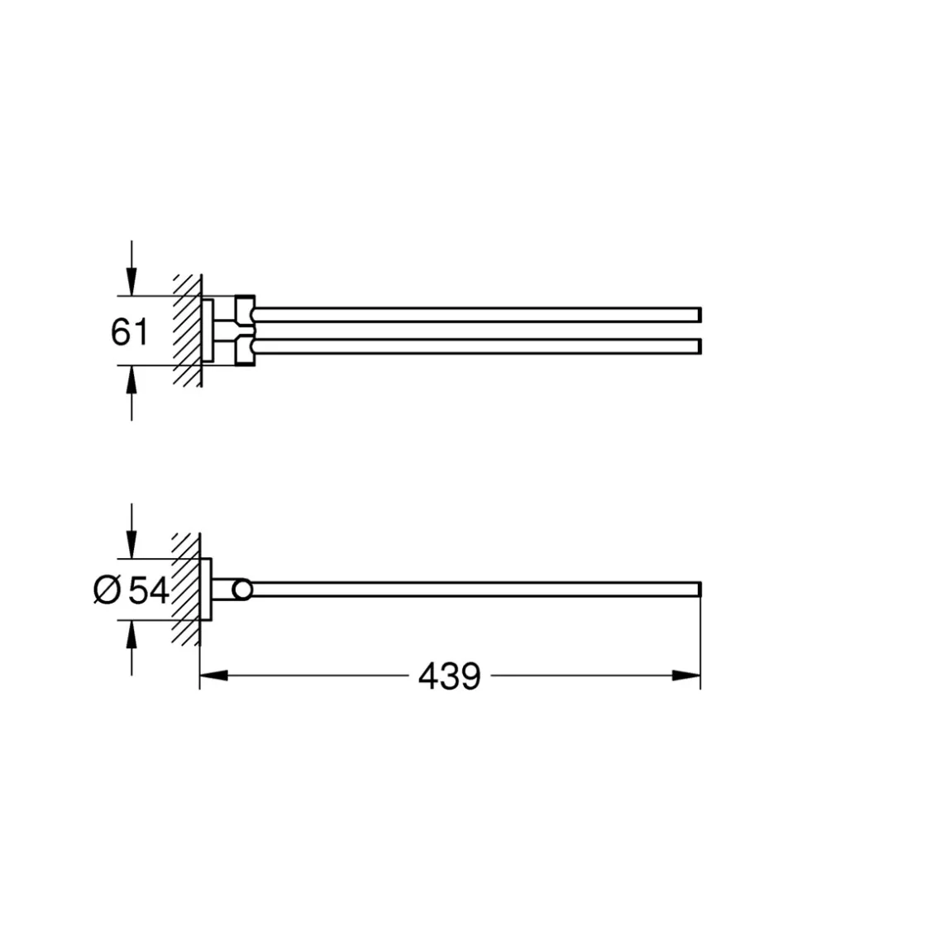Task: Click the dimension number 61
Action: tap(129, 332)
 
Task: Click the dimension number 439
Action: tap(450, 676)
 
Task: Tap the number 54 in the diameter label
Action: tap(149, 589)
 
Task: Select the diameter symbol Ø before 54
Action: tap(107, 590)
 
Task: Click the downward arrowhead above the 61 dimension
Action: tap(131, 281)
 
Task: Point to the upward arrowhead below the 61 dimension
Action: tap(131, 379)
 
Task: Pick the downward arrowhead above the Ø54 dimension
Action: tap(131, 544)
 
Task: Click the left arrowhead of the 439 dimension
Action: tap(214, 675)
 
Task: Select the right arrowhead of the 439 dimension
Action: tap(686, 675)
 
